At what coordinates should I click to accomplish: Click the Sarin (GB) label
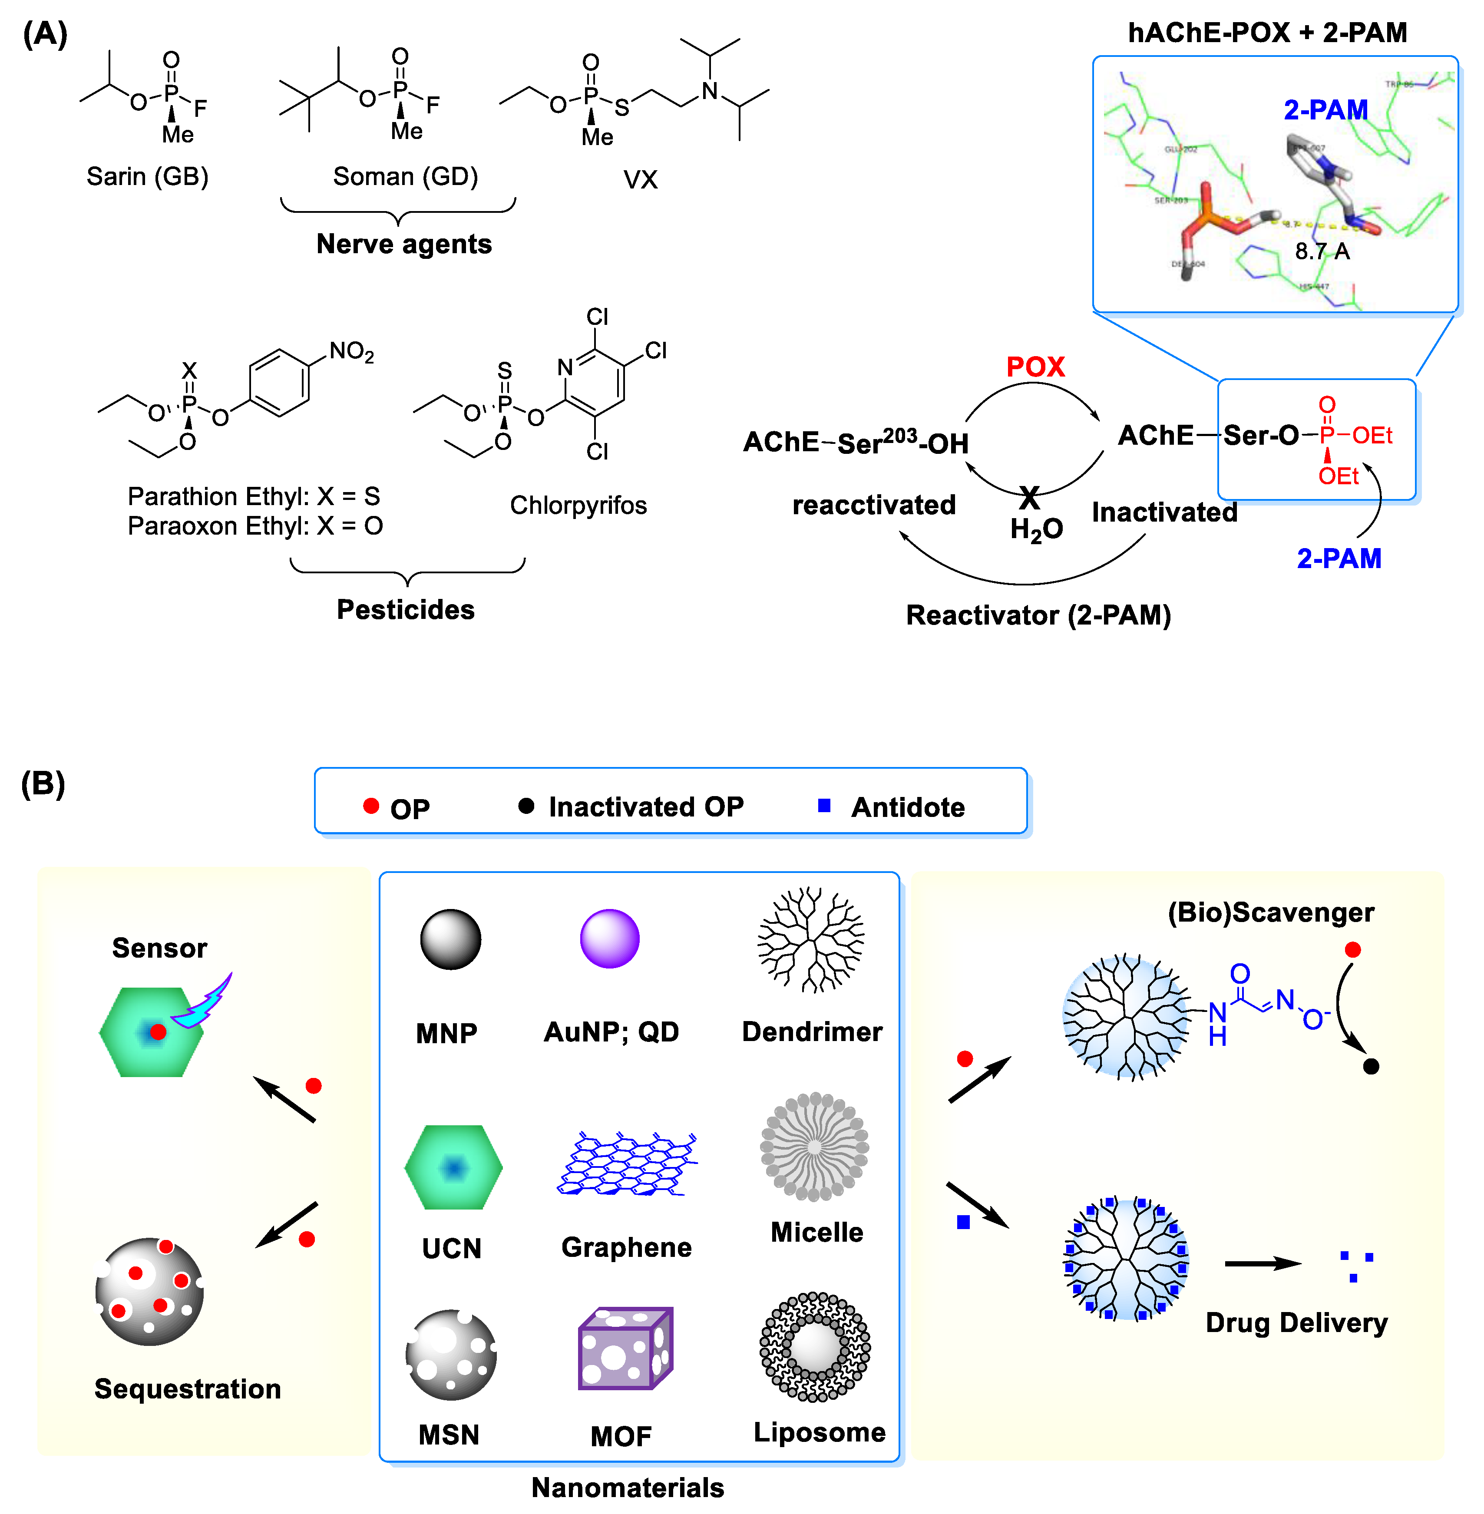(147, 176)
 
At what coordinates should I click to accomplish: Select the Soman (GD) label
(405, 176)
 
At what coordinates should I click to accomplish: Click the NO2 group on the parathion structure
(351, 352)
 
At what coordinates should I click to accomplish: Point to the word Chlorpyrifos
(578, 505)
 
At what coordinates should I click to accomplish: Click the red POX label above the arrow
(1035, 367)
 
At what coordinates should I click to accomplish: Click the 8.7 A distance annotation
(1322, 251)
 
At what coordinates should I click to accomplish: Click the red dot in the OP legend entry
(371, 806)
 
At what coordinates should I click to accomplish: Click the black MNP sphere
(450, 939)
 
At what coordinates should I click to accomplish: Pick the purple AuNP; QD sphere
(609, 939)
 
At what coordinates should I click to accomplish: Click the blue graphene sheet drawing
(628, 1164)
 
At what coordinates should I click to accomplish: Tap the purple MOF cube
(625, 1349)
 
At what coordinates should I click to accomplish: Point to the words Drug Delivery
(1296, 1323)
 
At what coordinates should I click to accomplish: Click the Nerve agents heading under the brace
(404, 244)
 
